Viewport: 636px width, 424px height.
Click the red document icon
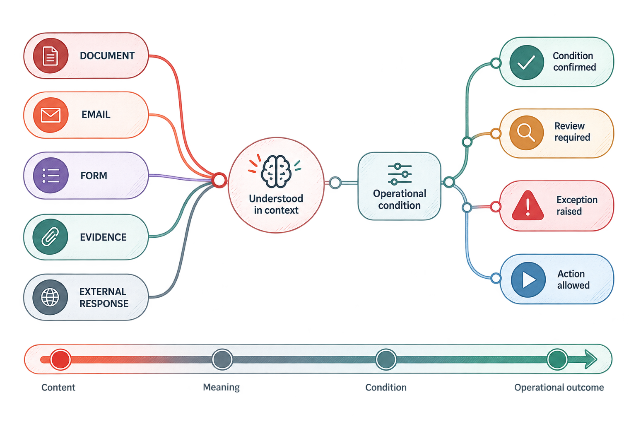pyautogui.click(x=51, y=55)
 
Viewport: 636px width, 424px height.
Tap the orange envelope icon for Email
pyautogui.click(x=51, y=115)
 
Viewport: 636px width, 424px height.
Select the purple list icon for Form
pyautogui.click(x=51, y=176)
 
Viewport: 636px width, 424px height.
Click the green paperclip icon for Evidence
pyautogui.click(x=50, y=236)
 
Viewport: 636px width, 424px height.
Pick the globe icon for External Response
pyautogui.click(x=50, y=297)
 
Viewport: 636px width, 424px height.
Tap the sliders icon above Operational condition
pyautogui.click(x=400, y=174)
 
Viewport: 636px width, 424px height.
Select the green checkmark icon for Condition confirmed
pyautogui.click(x=527, y=62)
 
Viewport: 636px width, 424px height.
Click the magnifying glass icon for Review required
pyautogui.click(x=527, y=132)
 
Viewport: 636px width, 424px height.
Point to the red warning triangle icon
pyautogui.click(x=528, y=205)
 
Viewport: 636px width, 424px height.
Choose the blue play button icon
pyautogui.click(x=528, y=280)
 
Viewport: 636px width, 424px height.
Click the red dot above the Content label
pyautogui.click(x=60, y=359)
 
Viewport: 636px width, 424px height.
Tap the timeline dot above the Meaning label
pyautogui.click(x=222, y=359)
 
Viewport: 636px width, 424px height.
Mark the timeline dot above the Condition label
pyautogui.click(x=386, y=359)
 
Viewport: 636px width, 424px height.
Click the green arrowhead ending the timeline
pyautogui.click(x=590, y=359)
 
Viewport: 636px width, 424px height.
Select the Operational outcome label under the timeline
pyautogui.click(x=559, y=388)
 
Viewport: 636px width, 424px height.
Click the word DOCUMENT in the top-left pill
pyautogui.click(x=107, y=55)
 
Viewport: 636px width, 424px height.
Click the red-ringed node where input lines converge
pyautogui.click(x=219, y=180)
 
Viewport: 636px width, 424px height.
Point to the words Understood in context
pyautogui.click(x=276, y=204)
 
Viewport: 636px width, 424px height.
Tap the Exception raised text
pyautogui.click(x=577, y=205)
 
